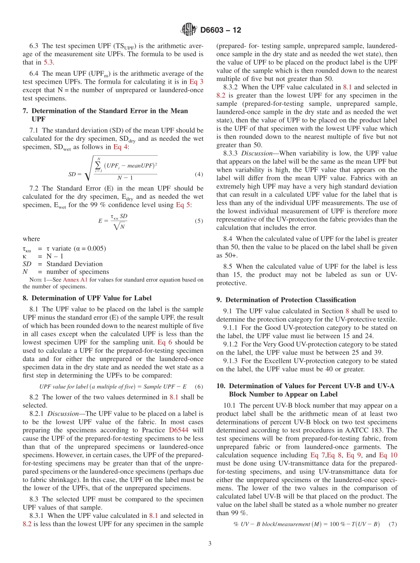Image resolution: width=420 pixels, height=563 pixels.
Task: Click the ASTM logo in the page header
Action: [189, 30]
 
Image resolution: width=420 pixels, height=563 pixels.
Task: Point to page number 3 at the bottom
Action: [210, 544]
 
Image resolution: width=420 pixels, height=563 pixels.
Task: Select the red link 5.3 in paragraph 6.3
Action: [48, 62]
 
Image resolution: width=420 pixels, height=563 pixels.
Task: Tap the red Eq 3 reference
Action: [196, 82]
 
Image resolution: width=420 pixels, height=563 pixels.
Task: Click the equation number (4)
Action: [199, 174]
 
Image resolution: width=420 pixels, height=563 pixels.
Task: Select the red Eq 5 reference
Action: [183, 204]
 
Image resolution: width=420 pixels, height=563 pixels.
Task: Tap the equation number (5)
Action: [199, 221]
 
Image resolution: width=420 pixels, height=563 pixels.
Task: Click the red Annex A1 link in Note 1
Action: [75, 280]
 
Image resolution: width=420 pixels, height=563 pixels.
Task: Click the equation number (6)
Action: [199, 386]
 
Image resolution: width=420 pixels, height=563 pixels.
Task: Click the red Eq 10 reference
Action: [388, 455]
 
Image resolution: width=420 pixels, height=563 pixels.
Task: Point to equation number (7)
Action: [392, 524]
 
